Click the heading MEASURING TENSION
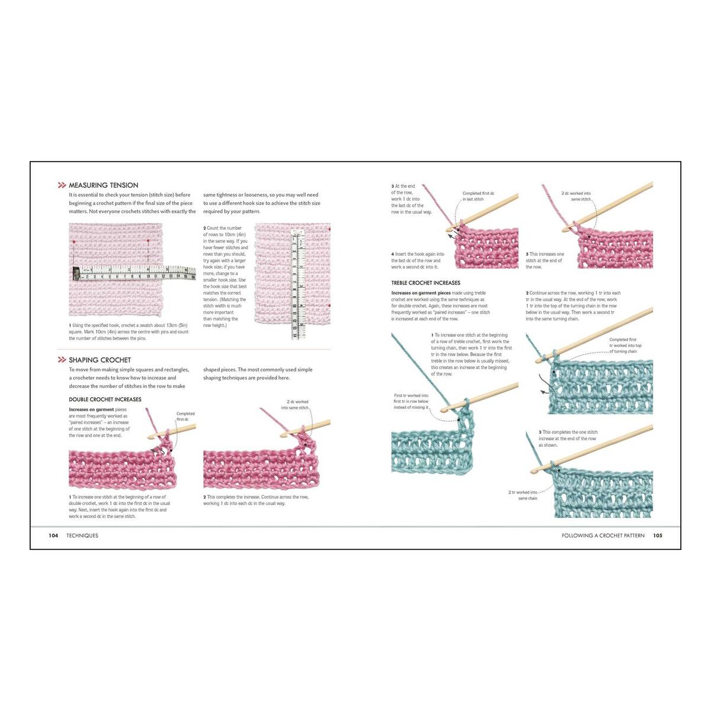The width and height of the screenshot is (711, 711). (103, 185)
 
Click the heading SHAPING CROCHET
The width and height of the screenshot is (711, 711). (100, 360)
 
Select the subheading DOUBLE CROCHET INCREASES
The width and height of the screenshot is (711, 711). (105, 399)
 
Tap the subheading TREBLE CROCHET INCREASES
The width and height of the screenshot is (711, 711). (425, 283)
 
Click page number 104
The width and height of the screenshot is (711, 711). (53, 536)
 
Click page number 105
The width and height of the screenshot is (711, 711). (658, 536)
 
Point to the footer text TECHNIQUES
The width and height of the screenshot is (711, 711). (82, 536)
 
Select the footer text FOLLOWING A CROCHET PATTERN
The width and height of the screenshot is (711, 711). (603, 536)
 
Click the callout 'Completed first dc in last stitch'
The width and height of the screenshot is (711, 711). (478, 196)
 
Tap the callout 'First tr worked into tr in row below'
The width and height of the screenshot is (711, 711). (411, 402)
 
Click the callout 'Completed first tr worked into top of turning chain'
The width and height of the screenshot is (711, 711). (624, 345)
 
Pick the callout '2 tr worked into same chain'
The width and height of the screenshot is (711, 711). (523, 495)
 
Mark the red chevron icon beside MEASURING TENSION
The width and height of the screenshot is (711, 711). (62, 185)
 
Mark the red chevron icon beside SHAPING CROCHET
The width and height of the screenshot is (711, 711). (62, 360)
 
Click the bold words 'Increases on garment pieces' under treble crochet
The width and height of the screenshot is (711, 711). (421, 293)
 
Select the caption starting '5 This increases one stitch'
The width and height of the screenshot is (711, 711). (545, 261)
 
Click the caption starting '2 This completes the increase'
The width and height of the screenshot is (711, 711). (255, 500)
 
